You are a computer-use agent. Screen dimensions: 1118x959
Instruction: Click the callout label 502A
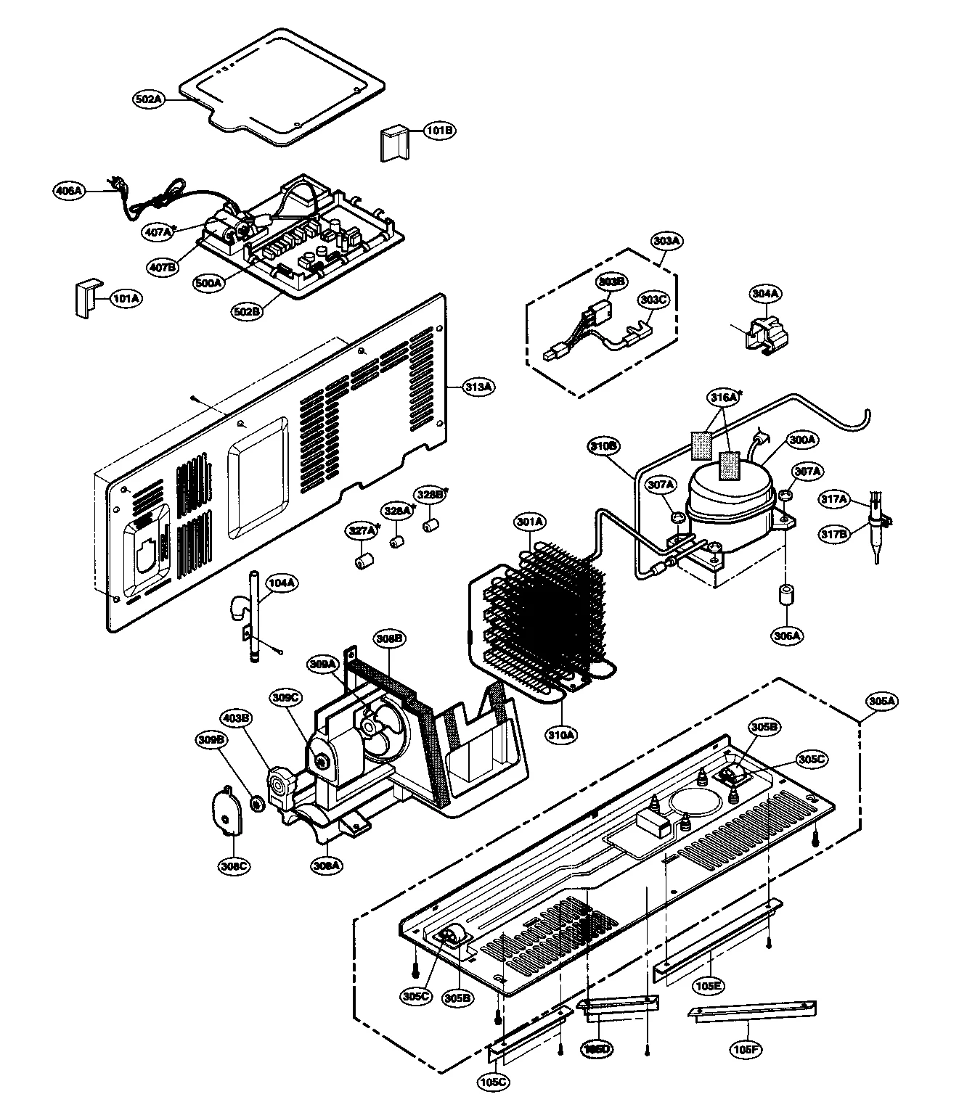(147, 98)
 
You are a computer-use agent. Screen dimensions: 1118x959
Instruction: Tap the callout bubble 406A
(70, 191)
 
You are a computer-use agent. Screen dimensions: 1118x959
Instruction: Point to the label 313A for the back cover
(478, 387)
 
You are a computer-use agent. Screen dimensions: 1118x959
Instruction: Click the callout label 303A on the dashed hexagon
(666, 240)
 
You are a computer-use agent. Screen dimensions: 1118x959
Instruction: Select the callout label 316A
(722, 398)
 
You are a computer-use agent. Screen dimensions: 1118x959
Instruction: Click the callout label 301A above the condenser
(531, 522)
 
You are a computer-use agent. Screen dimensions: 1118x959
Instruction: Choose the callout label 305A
(881, 701)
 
